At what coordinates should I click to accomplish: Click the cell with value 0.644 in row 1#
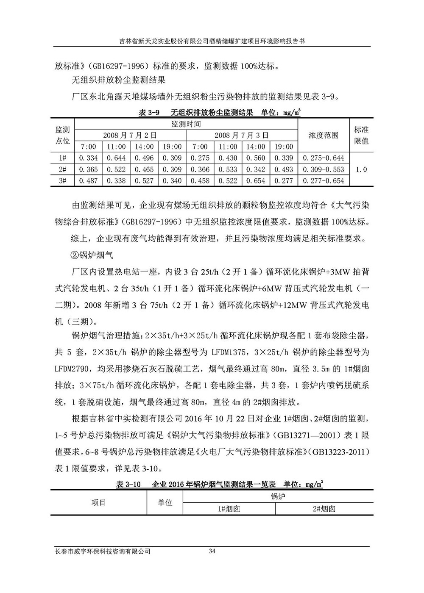pyautogui.click(x=116, y=158)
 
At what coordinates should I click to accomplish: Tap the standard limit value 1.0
pyautogui.click(x=361, y=169)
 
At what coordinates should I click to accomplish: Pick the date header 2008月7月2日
pyautogui.click(x=130, y=136)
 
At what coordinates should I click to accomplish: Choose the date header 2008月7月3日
pyautogui.click(x=242, y=136)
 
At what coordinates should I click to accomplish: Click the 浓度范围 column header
pyautogui.click(x=324, y=136)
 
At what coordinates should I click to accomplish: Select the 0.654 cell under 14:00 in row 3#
pyautogui.click(x=256, y=181)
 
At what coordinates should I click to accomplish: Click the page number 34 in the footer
pyautogui.click(x=212, y=551)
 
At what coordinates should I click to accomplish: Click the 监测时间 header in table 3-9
pyautogui.click(x=186, y=124)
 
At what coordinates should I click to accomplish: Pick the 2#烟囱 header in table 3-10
pyautogui.click(x=324, y=509)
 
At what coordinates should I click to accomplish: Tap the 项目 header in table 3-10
pyautogui.click(x=98, y=503)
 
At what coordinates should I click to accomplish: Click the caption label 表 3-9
pyautogui.click(x=148, y=113)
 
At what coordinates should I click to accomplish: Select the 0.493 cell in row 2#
pyautogui.click(x=284, y=169)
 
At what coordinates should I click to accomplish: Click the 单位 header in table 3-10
pyautogui.click(x=165, y=503)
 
